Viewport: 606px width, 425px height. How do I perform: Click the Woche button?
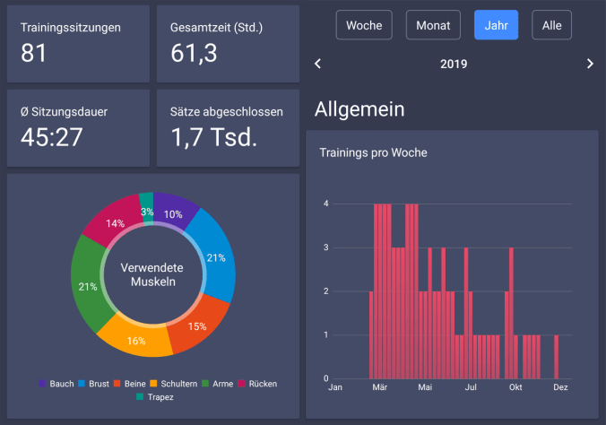[364, 25]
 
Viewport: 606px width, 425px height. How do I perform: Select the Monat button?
[434, 25]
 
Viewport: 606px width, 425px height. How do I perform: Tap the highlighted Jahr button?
[496, 25]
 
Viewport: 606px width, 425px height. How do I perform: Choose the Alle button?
[551, 25]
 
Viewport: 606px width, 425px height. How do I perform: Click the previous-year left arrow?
[317, 64]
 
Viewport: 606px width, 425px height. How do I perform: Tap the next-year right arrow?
[590, 64]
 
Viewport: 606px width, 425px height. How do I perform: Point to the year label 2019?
[454, 64]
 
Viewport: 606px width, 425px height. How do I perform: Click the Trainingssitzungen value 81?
[33, 54]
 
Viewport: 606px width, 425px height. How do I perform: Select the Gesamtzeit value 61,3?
[194, 54]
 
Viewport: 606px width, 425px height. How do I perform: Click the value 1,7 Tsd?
[214, 137]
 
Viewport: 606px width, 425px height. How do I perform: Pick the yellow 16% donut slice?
[136, 341]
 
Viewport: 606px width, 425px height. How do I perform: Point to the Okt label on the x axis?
[515, 387]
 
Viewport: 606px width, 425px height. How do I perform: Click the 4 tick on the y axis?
[326, 204]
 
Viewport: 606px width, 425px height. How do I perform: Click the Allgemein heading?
[359, 109]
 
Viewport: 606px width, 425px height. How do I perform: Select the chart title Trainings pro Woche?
[373, 152]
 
